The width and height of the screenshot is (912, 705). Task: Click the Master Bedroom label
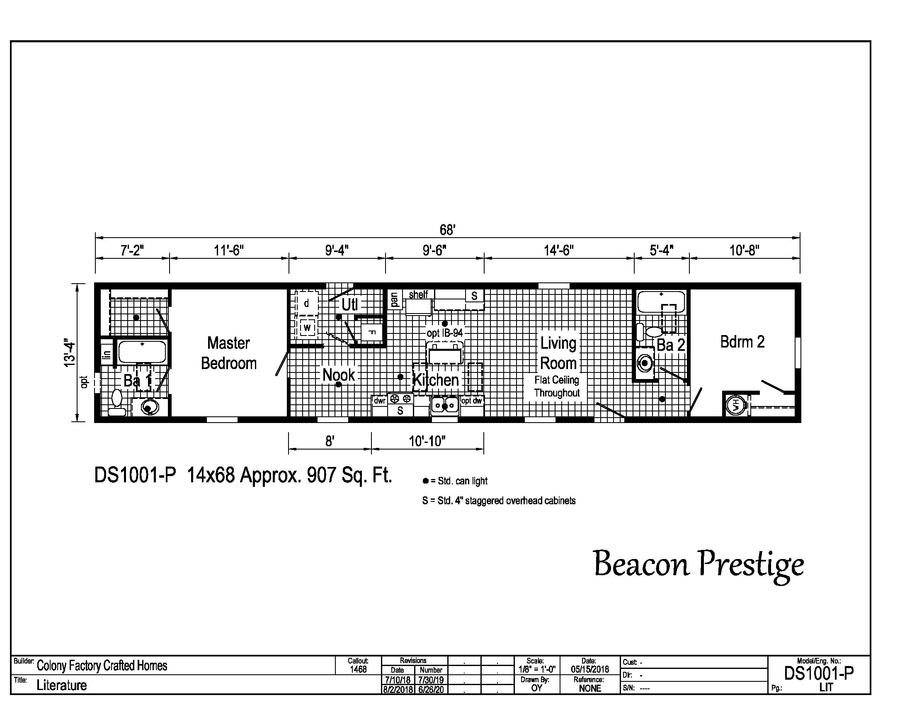228,353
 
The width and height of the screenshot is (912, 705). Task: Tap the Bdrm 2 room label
742,342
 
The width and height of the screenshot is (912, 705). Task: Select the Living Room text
558,353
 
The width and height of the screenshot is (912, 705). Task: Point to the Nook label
338,375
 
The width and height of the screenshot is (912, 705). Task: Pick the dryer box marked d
306,304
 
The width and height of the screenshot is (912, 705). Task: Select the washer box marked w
307,328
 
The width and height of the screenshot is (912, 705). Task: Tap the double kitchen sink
445,405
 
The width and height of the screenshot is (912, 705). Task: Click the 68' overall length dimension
447,230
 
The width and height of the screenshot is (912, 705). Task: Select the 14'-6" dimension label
558,250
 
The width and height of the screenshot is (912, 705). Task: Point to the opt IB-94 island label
445,333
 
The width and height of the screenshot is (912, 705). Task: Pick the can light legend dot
425,481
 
